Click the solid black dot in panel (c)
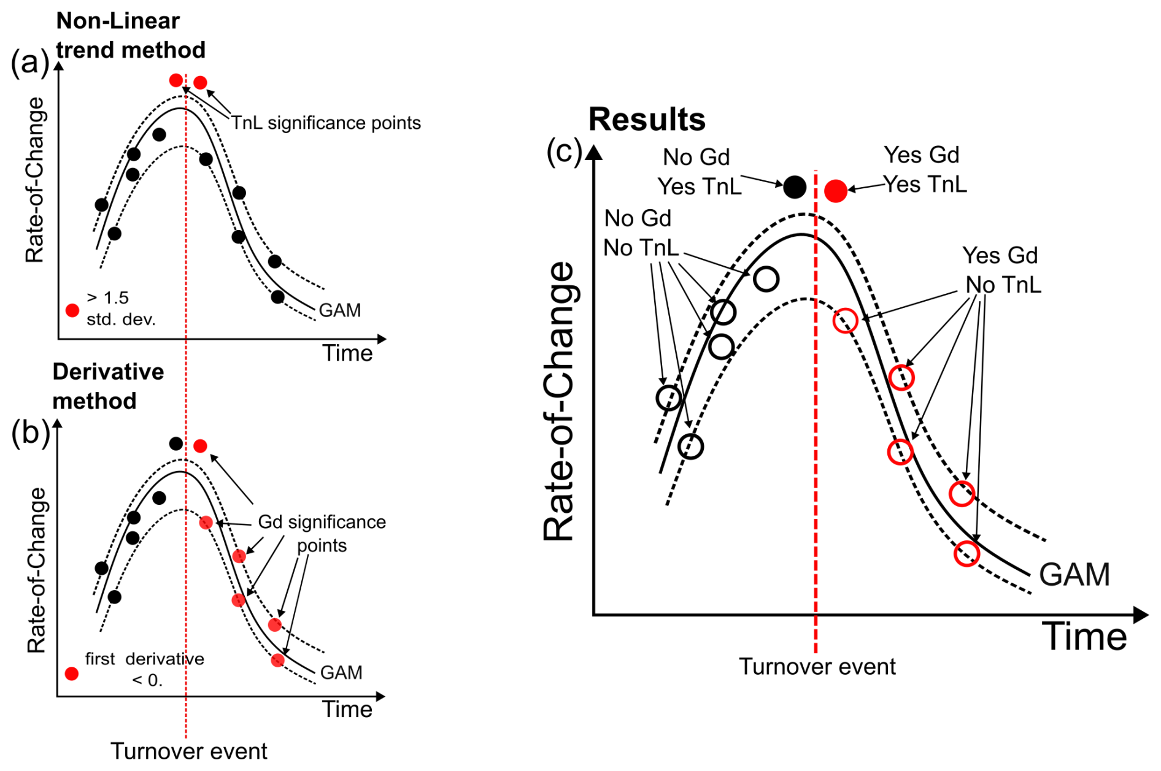point(795,186)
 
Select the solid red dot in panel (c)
point(836,191)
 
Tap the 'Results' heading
point(647,119)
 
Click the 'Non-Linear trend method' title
point(130,36)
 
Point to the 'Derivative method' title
point(108,386)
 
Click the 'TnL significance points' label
point(326,123)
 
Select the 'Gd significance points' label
point(322,533)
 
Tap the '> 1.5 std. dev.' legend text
point(120,309)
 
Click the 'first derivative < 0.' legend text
point(145,669)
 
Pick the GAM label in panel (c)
point(1074,575)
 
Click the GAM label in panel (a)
point(340,310)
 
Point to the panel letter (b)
point(30,433)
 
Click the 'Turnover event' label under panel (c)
point(817,667)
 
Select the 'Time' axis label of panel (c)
point(1084,637)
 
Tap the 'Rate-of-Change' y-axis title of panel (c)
point(559,402)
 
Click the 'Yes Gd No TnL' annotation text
point(1001,270)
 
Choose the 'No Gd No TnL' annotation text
point(640,233)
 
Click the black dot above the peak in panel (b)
point(176,443)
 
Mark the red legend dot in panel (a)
point(72,310)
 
